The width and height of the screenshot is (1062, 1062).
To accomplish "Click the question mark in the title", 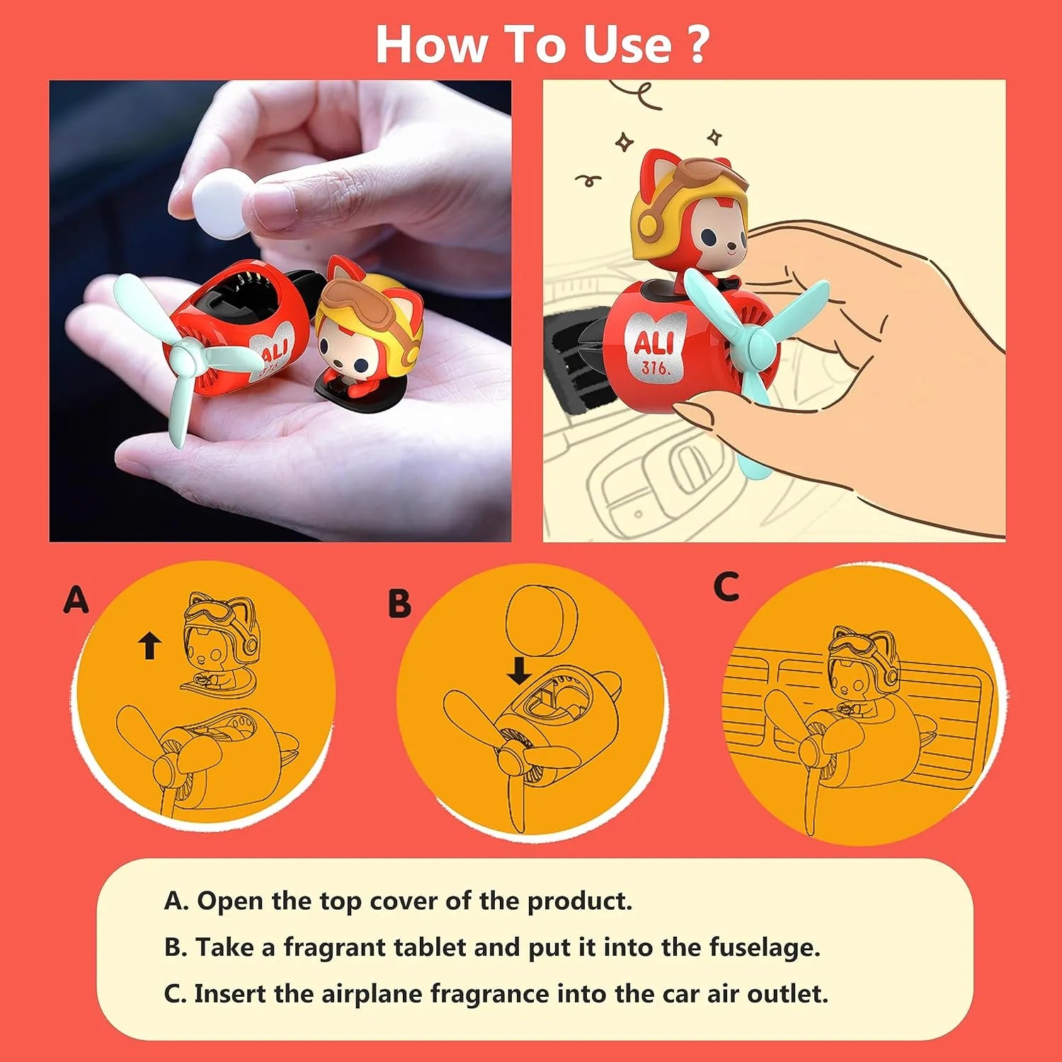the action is [697, 45].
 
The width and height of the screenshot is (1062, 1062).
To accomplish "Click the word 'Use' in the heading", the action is [627, 45].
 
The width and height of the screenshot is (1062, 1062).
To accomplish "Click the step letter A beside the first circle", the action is [76, 600].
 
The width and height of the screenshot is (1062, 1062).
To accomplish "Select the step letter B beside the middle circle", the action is [399, 604].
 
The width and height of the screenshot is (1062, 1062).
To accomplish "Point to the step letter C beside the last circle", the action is [726, 587].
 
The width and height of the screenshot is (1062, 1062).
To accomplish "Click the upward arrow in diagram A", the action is [149, 646].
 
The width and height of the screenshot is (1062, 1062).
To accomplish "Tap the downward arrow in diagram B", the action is [520, 670].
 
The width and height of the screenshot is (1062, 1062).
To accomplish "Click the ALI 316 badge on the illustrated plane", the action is [652, 348].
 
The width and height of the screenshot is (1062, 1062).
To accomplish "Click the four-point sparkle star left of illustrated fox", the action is [624, 142].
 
